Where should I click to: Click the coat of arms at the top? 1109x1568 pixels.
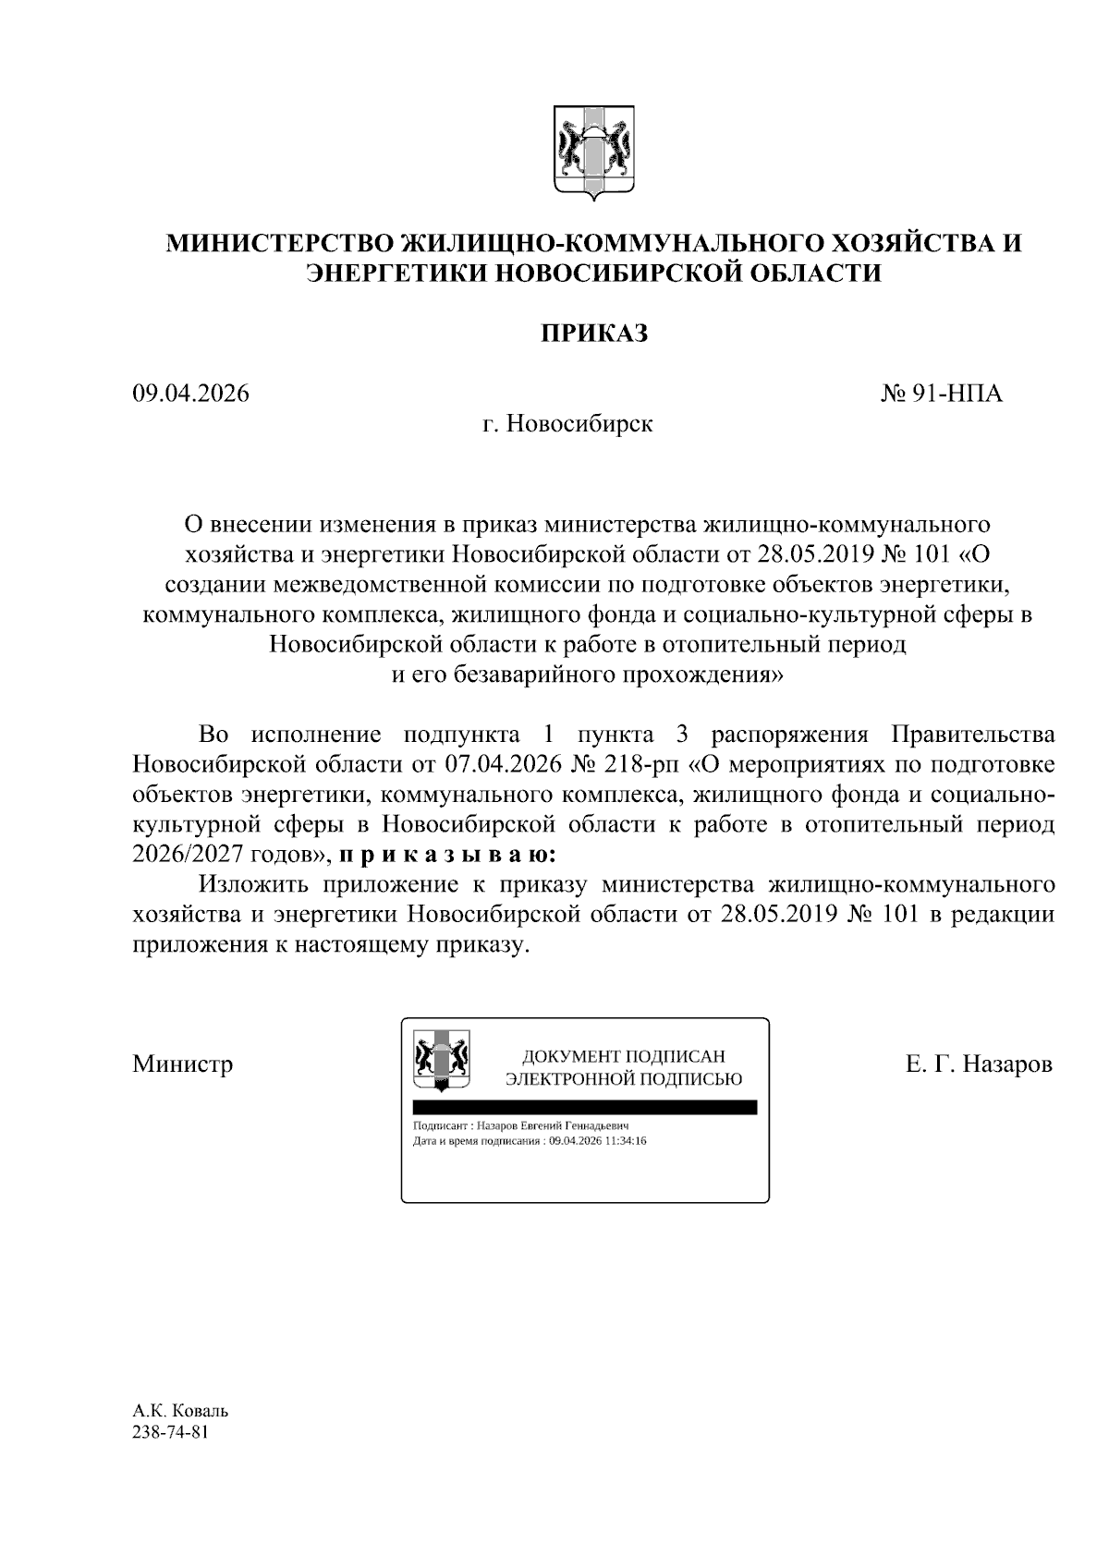592,152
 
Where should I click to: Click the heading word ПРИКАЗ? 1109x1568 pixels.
593,333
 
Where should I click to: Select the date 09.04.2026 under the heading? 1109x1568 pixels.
190,394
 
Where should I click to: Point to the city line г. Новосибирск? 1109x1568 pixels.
567,424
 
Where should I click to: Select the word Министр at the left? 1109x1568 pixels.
182,1064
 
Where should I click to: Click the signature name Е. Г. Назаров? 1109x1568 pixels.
979,1064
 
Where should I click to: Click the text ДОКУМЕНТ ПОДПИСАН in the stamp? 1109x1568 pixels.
624,1056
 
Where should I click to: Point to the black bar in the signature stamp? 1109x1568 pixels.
584,1107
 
